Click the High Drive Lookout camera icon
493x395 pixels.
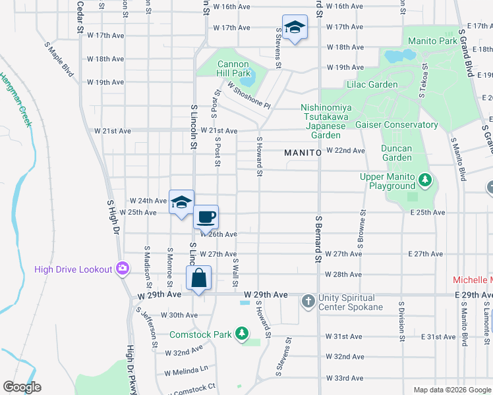click(x=122, y=268)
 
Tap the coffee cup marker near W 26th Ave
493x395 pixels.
click(x=206, y=217)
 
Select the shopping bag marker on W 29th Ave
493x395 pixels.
click(x=198, y=278)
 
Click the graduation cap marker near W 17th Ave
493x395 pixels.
click(x=295, y=27)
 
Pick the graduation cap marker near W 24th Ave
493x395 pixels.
click(x=181, y=202)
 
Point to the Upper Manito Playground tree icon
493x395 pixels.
click(x=426, y=178)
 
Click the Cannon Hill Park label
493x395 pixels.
click(x=233, y=68)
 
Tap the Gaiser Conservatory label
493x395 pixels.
click(x=396, y=124)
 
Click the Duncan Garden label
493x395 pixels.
click(x=397, y=153)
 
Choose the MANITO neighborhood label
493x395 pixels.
click(x=302, y=153)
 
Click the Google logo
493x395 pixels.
click(x=22, y=387)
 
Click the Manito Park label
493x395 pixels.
click(x=432, y=41)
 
